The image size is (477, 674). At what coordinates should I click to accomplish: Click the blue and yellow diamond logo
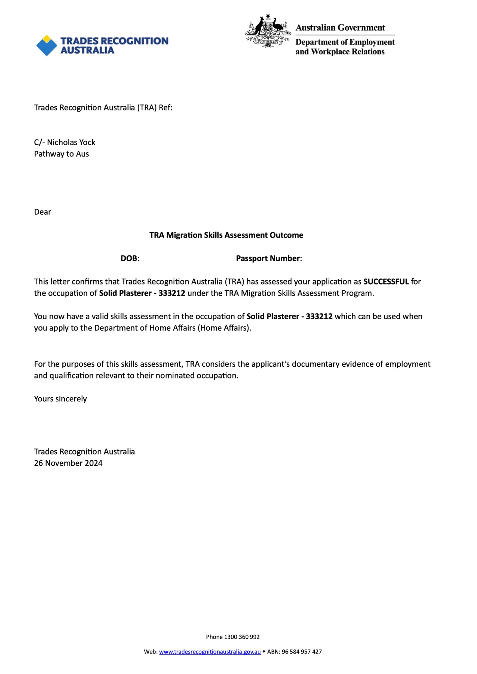point(47,45)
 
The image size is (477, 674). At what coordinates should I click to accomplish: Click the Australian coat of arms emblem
point(268,31)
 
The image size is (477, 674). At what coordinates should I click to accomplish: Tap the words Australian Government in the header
point(340,28)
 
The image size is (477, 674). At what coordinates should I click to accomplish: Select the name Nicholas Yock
point(71,142)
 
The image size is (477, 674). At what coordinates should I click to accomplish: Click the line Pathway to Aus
point(61,154)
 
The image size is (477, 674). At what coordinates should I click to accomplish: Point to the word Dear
point(43,212)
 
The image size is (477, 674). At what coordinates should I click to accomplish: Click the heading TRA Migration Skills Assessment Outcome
point(226,235)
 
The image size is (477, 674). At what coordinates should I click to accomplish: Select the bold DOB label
point(129,258)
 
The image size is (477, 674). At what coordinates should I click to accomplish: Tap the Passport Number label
point(268,258)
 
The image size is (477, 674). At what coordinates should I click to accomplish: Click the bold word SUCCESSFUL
point(386,282)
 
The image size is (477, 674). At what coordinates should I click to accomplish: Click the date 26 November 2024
point(68,463)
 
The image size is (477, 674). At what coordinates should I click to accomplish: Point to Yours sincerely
point(60,399)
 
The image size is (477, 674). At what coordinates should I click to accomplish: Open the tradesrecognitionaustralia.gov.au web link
point(210,652)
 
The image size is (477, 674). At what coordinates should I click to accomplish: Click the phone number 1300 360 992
point(242,637)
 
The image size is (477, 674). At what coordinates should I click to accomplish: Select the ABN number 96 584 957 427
point(302,652)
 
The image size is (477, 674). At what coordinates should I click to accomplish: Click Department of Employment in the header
point(345,42)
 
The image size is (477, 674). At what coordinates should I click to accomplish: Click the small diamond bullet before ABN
point(264,651)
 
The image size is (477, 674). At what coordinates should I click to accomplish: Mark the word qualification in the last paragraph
point(72,376)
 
